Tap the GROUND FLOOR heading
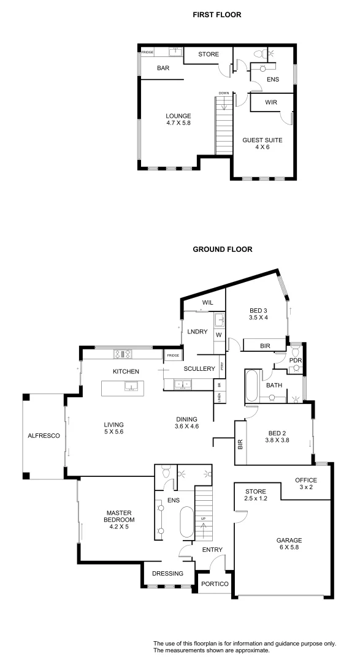coord(223,249)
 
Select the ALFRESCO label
coord(42,436)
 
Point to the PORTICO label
coord(215,584)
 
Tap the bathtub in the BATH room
coord(252,384)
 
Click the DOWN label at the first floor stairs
coord(223,93)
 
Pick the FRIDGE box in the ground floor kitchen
coord(172,356)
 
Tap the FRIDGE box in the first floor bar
coord(147,52)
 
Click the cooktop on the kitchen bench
coord(121,354)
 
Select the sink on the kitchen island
coord(131,386)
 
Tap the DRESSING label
coord(168,574)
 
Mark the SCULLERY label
coord(199,368)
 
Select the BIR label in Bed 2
coord(240,444)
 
